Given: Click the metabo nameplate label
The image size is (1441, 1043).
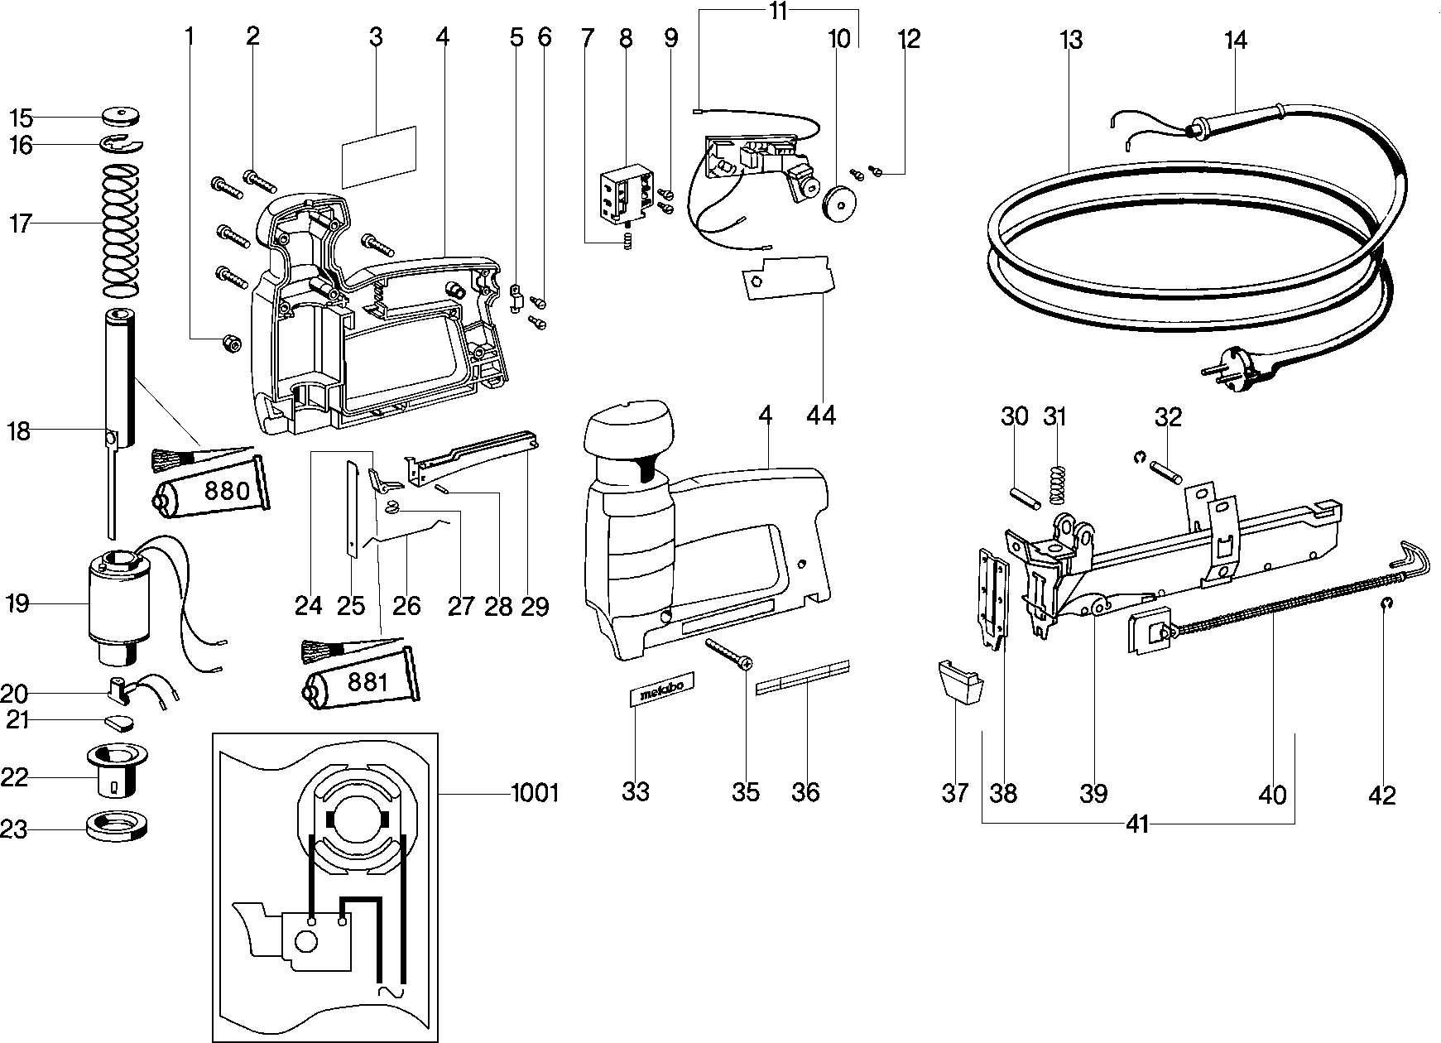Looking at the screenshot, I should [x=662, y=690].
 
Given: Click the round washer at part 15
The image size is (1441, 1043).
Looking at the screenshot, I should [x=122, y=114].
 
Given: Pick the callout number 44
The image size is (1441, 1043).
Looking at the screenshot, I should [x=821, y=415].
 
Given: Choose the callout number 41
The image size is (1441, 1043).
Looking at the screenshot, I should [x=1137, y=824].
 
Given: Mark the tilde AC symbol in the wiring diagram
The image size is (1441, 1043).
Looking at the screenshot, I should [x=391, y=991].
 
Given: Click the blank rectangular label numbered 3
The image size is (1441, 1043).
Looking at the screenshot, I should [x=379, y=155].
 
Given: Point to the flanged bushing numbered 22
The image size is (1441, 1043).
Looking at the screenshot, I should [x=115, y=768].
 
